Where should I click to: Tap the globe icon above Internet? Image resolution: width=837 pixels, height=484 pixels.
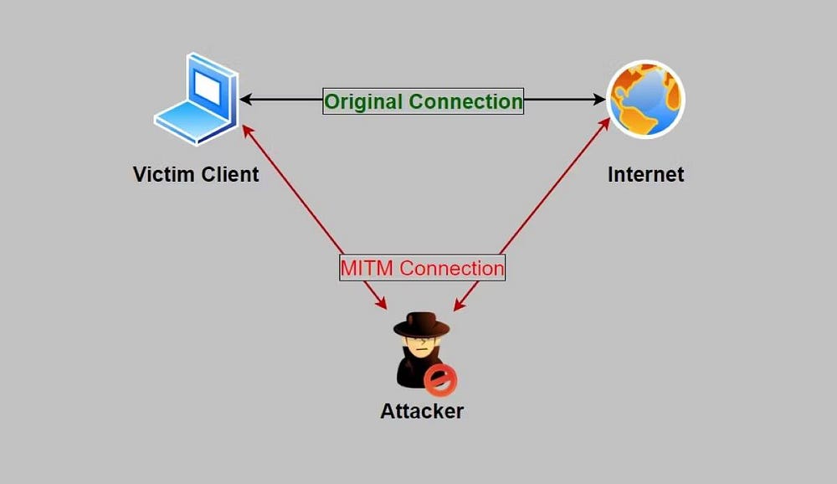[x=645, y=99]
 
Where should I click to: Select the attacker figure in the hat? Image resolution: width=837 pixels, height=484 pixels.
[x=421, y=352]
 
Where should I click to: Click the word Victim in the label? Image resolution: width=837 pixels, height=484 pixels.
[x=163, y=174]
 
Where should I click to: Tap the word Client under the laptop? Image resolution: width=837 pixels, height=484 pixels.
[x=229, y=174]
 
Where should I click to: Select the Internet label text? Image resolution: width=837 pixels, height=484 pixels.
[x=645, y=174]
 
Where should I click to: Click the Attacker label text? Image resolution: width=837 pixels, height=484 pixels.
[x=422, y=411]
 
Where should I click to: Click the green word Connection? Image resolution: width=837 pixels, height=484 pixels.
[x=466, y=101]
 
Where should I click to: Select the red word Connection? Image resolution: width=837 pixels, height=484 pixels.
[x=452, y=269]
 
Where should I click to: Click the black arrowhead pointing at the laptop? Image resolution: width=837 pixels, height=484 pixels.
[x=246, y=100]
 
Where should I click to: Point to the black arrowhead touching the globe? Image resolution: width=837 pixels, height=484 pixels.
[x=598, y=100]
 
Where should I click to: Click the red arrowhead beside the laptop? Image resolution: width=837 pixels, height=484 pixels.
[x=247, y=129]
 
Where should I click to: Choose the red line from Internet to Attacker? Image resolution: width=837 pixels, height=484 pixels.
[x=552, y=189]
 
